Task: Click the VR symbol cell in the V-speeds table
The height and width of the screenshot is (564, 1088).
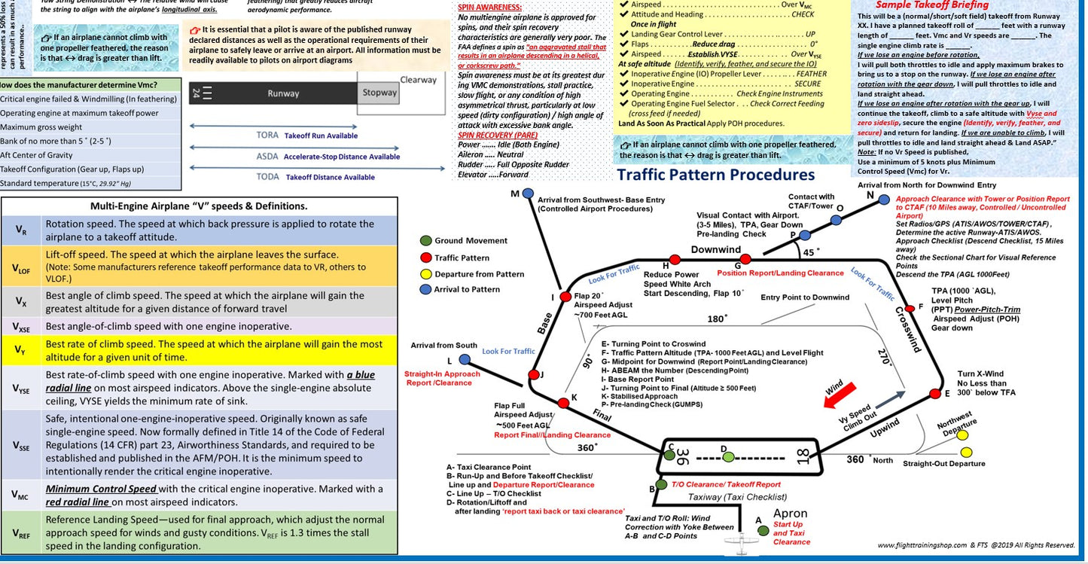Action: [22, 230]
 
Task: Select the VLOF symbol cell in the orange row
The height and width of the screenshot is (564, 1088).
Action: [22, 267]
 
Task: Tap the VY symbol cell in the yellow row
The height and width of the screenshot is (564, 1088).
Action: [22, 350]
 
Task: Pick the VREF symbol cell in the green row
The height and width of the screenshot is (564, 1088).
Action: [22, 533]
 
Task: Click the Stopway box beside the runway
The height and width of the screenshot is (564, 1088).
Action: [379, 93]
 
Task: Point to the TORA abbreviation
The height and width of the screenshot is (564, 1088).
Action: [268, 136]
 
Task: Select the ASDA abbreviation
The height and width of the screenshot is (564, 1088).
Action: [268, 157]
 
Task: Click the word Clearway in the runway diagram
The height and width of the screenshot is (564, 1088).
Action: [418, 80]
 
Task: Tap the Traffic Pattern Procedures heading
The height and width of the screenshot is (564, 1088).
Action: [715, 175]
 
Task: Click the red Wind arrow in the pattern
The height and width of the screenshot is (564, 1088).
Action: [840, 393]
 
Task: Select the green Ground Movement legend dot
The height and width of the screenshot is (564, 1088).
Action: [425, 241]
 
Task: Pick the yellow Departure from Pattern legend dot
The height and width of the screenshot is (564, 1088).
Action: [425, 273]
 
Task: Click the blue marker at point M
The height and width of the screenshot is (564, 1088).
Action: [528, 194]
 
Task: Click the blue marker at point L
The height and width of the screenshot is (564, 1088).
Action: [465, 360]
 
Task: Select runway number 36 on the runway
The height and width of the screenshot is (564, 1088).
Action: [681, 457]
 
